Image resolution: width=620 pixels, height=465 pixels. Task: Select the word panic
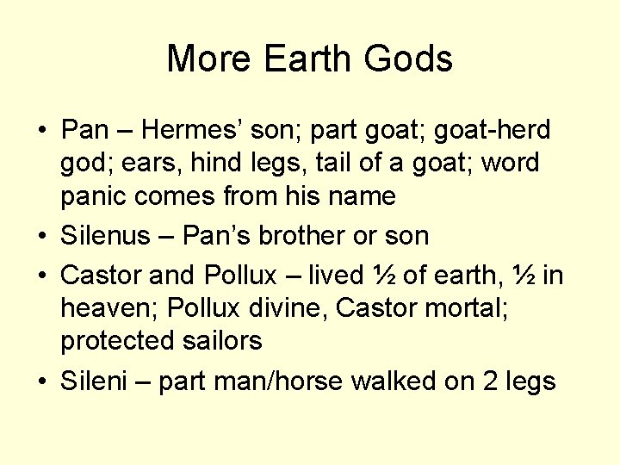point(96,195)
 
